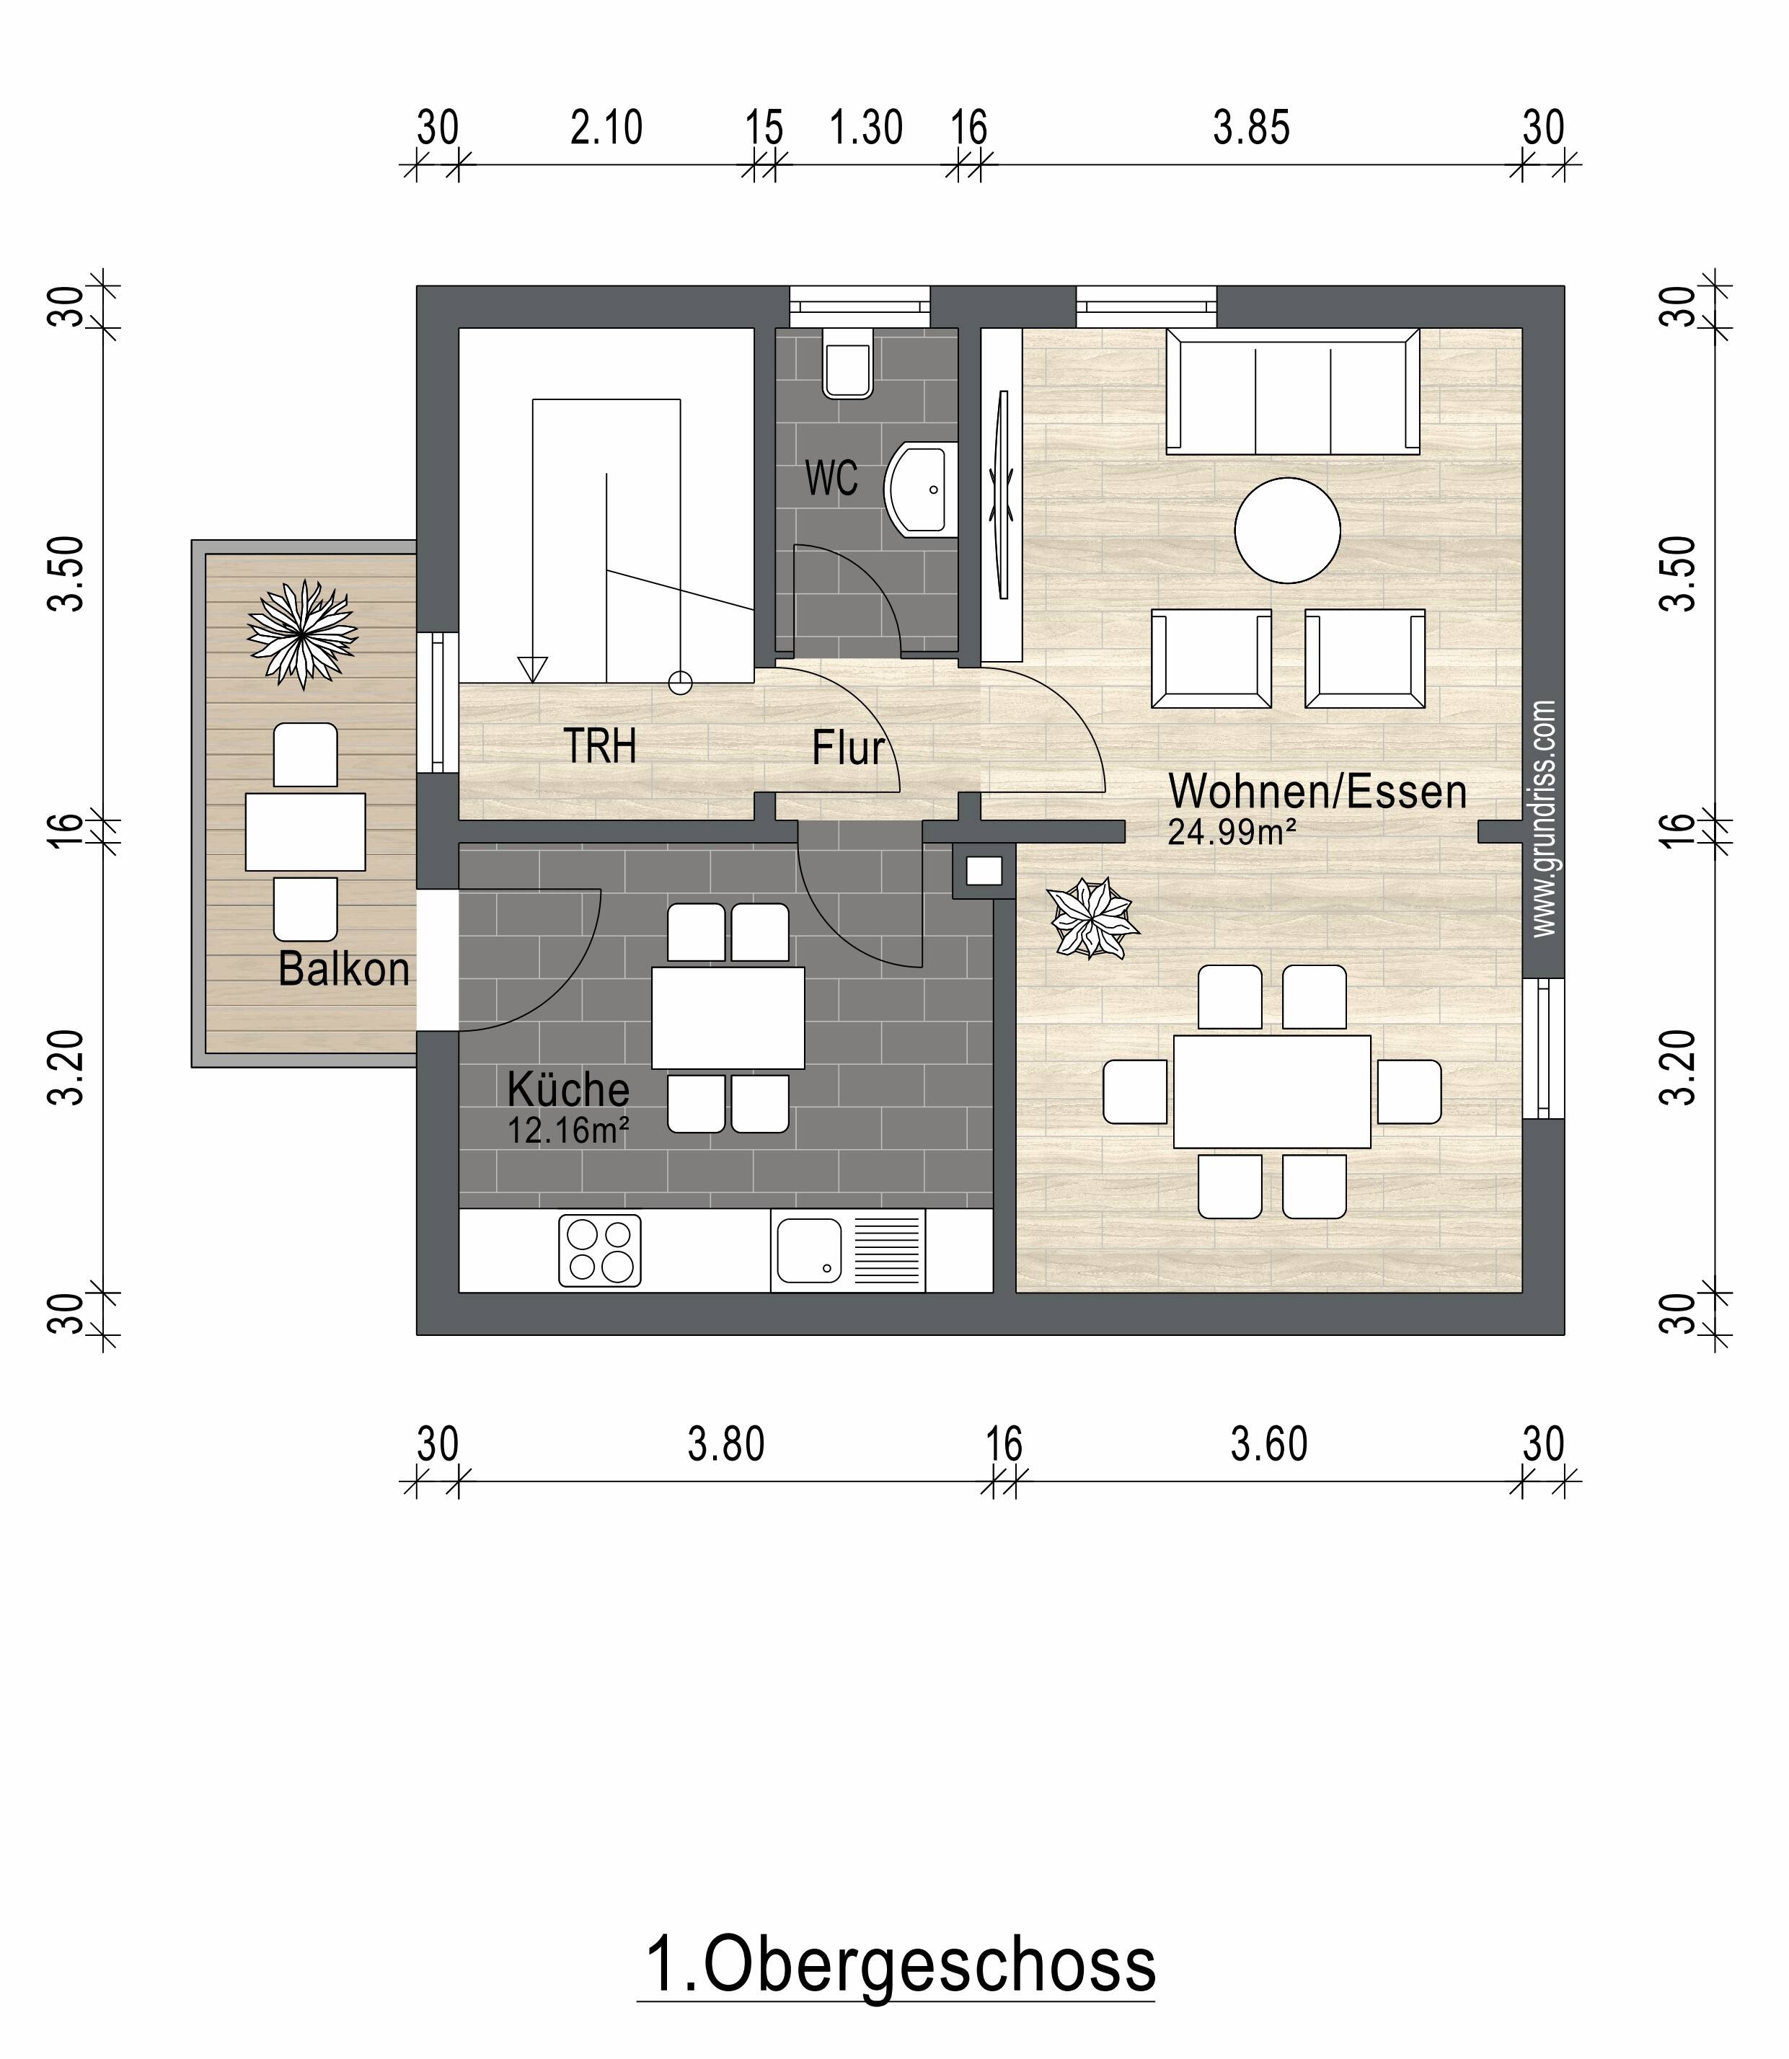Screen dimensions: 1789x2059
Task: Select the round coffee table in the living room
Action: pyautogui.click(x=1287, y=530)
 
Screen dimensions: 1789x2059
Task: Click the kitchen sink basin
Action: pyautogui.click(x=808, y=1251)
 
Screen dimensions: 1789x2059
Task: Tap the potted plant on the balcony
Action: pyautogui.click(x=301, y=634)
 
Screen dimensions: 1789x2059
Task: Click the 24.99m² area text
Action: pyautogui.click(x=1232, y=831)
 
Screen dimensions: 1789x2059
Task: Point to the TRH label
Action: pyautogui.click(x=599, y=747)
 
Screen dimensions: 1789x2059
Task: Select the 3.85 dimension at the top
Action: pyautogui.click(x=1251, y=128)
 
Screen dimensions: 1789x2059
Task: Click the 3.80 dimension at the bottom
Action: pyautogui.click(x=726, y=1444)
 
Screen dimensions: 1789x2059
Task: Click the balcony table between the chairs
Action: pyautogui.click(x=306, y=831)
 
